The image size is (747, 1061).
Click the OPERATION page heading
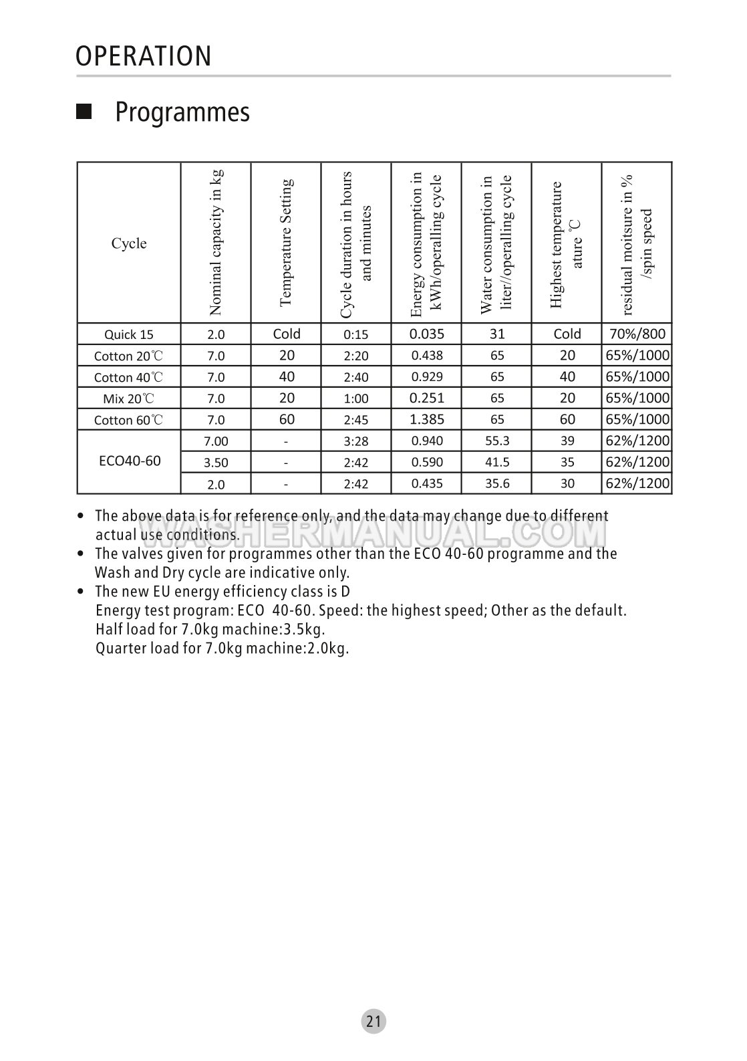click(144, 56)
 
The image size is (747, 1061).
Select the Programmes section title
click(182, 112)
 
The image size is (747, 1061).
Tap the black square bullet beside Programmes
click(84, 111)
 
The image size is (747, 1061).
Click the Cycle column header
click(129, 243)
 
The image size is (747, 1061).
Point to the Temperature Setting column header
click(286, 243)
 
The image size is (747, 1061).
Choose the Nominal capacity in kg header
click(215, 243)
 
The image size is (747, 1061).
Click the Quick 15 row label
click(129, 334)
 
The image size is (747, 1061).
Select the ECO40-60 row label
click(129, 461)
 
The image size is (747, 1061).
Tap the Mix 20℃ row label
click(129, 399)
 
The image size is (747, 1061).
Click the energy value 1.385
click(426, 419)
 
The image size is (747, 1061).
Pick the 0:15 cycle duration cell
click(356, 335)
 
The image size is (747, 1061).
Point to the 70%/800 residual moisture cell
click(637, 334)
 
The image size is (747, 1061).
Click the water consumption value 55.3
click(497, 441)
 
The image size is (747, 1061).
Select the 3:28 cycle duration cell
click(356, 441)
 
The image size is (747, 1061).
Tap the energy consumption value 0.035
click(426, 334)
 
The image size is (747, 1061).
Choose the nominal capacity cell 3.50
click(216, 463)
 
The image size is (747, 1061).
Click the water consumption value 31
click(497, 334)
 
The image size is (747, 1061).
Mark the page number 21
click(374, 1021)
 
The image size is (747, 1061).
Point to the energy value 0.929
click(426, 377)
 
